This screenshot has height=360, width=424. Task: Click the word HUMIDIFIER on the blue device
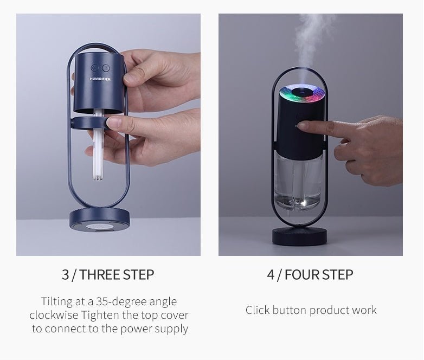[x=100, y=79]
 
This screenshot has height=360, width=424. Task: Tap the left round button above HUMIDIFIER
[x=95, y=68]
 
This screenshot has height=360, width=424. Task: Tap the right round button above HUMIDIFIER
[x=105, y=68]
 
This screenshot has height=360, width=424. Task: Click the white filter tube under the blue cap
[x=98, y=146]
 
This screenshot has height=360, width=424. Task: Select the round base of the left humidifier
[x=99, y=219]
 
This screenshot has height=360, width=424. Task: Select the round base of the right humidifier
[x=299, y=236]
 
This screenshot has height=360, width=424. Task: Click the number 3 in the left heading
[x=65, y=274]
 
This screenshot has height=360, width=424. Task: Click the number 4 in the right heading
[x=271, y=274]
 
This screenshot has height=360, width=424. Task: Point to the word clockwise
[x=54, y=315]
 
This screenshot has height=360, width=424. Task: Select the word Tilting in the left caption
[x=57, y=301]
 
